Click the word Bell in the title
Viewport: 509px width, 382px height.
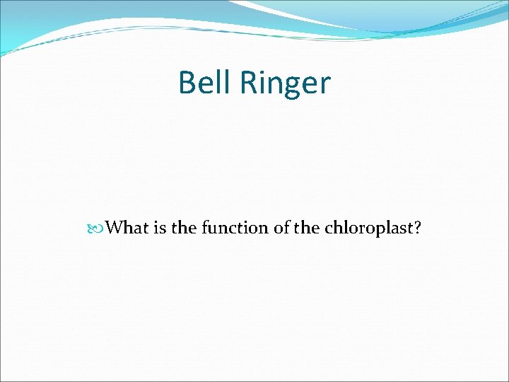coord(205,82)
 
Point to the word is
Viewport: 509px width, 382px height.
coord(160,228)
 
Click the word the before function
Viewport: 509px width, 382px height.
coord(184,228)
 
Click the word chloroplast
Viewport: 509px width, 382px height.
coord(363,228)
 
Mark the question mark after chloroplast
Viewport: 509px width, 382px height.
coord(416,228)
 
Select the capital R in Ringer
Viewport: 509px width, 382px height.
coord(250,82)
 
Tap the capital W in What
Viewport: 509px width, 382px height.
coord(119,228)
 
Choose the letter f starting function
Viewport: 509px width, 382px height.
coord(205,228)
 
